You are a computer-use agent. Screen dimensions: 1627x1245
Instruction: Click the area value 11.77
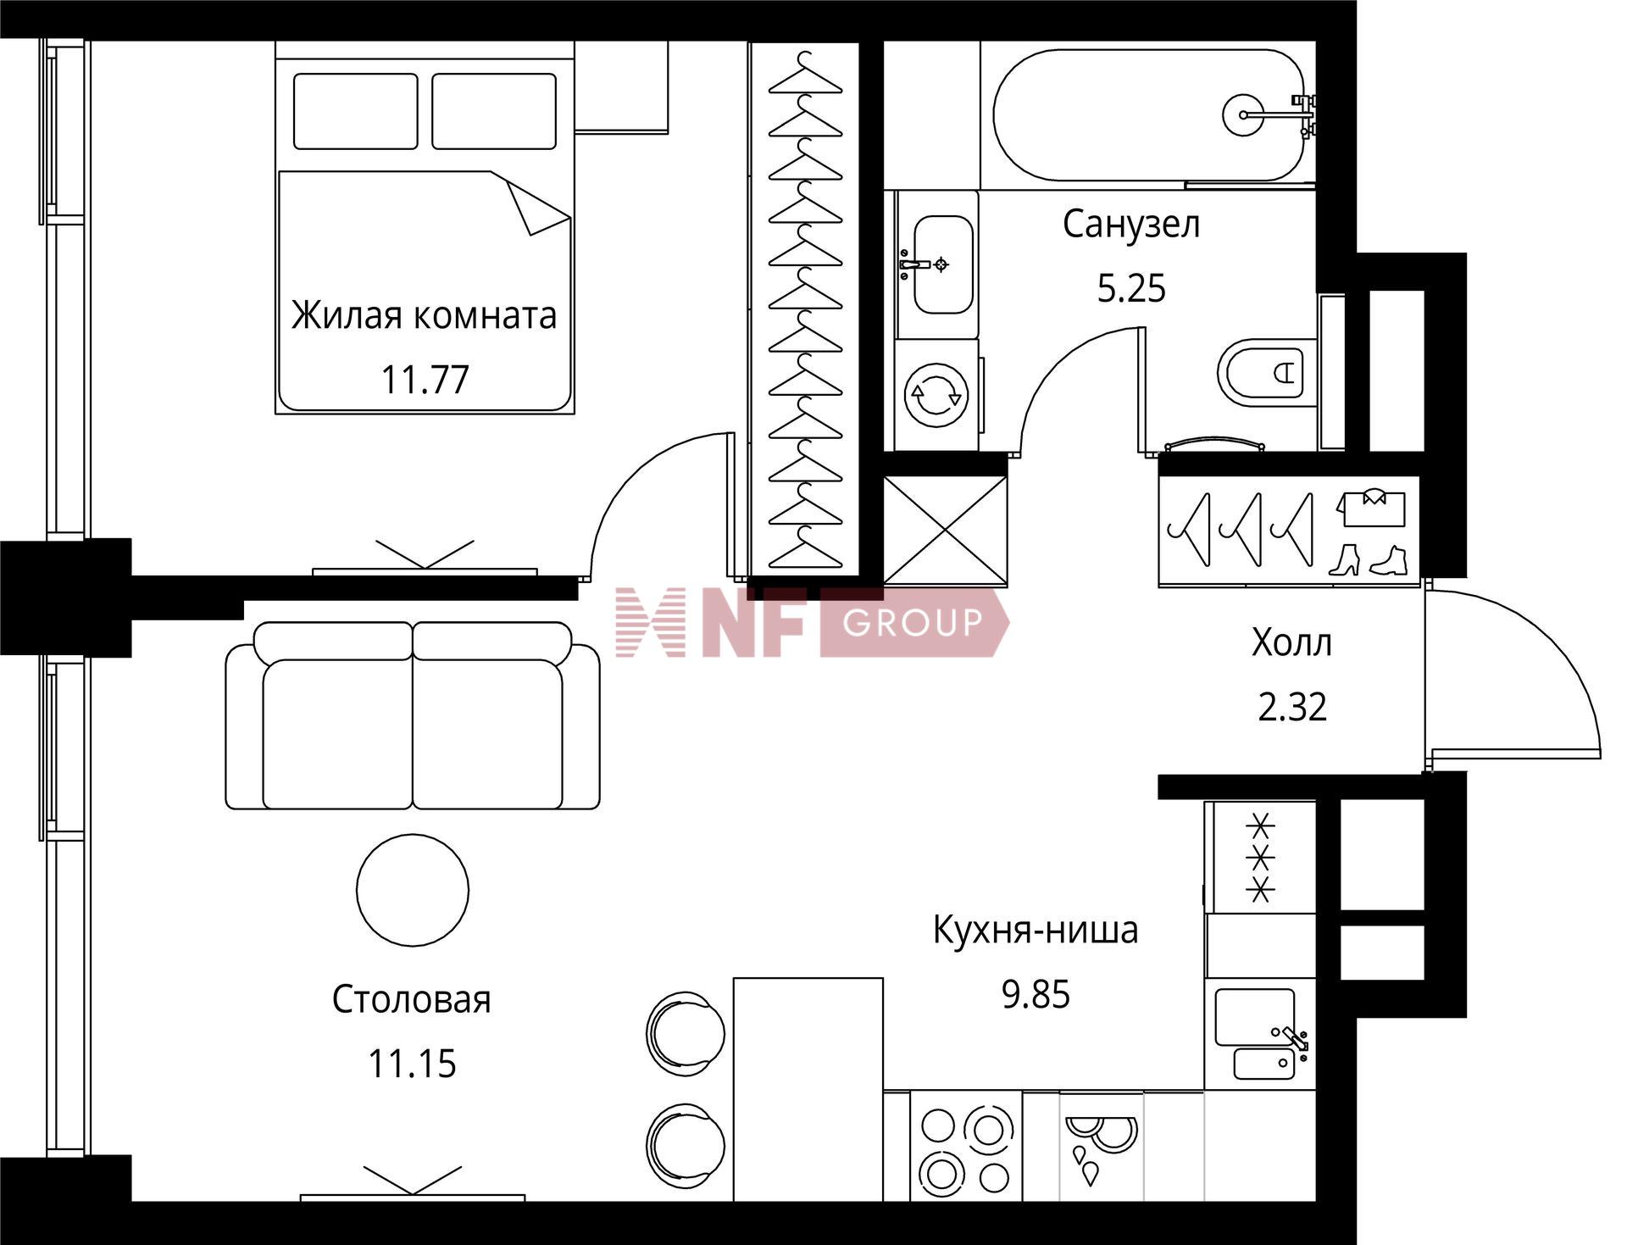click(x=425, y=380)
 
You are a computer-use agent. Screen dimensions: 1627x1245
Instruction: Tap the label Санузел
click(x=1131, y=225)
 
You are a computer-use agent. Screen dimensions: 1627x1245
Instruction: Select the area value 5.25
click(x=1131, y=289)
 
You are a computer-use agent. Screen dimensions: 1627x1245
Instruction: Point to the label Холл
click(x=1291, y=643)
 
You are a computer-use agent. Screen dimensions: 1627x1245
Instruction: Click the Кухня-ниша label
click(x=1036, y=930)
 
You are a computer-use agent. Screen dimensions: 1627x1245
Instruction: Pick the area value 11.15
click(x=412, y=1064)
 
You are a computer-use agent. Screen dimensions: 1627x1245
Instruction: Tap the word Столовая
click(x=412, y=999)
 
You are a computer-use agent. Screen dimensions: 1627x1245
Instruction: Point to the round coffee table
click(x=413, y=890)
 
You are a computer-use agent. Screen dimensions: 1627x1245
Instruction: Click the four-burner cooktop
click(x=966, y=1151)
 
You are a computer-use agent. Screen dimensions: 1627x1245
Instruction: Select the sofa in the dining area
click(x=413, y=715)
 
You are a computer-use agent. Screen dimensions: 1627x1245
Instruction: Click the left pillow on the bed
click(x=356, y=111)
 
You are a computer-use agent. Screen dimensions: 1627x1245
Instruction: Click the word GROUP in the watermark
click(x=913, y=623)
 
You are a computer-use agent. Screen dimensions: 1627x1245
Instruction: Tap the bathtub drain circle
click(x=1244, y=114)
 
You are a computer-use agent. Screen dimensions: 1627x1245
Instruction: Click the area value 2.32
click(x=1292, y=707)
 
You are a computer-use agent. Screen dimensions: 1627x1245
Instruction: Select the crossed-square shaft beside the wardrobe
click(x=946, y=530)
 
